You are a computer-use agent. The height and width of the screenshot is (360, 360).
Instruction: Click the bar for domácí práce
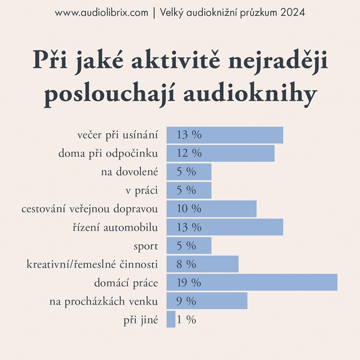pyautogui.click(x=252, y=282)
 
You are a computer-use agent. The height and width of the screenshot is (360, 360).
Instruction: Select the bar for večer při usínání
pyautogui.click(x=225, y=135)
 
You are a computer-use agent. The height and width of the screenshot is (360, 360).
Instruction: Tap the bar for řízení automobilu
pyautogui.click(x=225, y=227)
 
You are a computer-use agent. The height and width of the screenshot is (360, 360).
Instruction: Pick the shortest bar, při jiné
pyautogui.click(x=171, y=319)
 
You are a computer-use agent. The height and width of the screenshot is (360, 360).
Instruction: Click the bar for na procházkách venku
pyautogui.click(x=207, y=301)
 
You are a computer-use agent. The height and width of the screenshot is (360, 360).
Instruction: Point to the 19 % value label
pyautogui.click(x=189, y=282)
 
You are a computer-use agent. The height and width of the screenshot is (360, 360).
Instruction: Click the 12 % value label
pyautogui.click(x=189, y=153)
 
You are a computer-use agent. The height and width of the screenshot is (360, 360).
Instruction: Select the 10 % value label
pyautogui.click(x=189, y=209)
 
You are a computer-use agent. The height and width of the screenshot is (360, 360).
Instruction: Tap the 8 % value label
pyautogui.click(x=186, y=264)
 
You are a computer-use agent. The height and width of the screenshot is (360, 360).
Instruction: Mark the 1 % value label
pyautogui.click(x=186, y=319)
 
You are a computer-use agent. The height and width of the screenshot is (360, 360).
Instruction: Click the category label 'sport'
pyautogui.click(x=146, y=246)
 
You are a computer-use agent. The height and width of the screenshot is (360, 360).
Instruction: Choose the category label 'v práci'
pyautogui.click(x=141, y=190)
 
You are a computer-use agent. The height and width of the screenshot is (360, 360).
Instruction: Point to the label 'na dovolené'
pyautogui.click(x=130, y=172)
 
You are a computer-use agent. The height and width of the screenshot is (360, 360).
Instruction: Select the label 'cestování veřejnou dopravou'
pyautogui.click(x=89, y=209)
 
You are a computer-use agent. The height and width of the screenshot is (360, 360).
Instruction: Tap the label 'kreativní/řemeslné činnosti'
pyautogui.click(x=92, y=264)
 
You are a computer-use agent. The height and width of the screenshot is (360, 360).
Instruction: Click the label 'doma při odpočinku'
pyautogui.click(x=108, y=153)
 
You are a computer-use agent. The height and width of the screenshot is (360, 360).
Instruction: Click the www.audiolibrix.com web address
pyautogui.click(x=101, y=12)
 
